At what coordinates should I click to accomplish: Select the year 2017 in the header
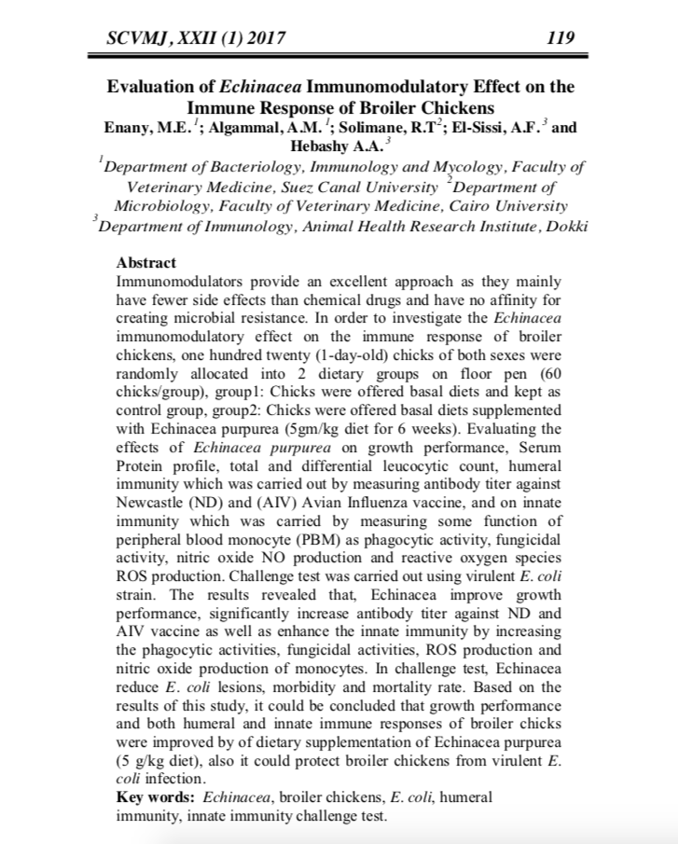coord(263,38)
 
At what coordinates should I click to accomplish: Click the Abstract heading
coord(146,264)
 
